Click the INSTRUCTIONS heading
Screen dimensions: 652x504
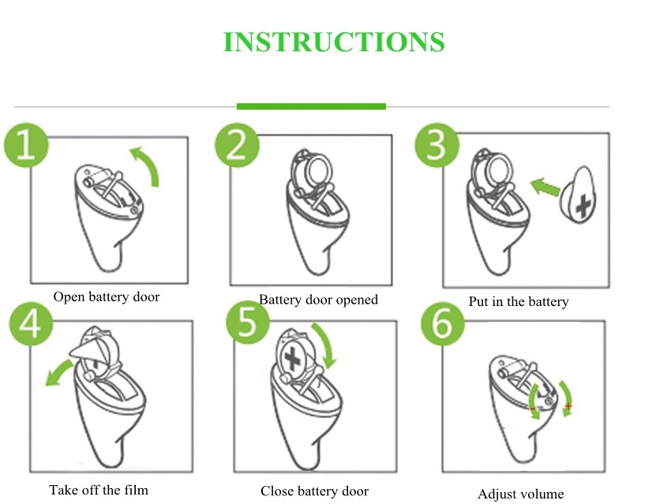[334, 42]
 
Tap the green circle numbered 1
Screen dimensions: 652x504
[26, 145]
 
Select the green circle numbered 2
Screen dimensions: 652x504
[237, 145]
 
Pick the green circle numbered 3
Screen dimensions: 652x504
[437, 144]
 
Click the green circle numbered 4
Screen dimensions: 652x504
[32, 323]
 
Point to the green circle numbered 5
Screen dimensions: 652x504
[248, 322]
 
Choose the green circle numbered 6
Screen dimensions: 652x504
[442, 323]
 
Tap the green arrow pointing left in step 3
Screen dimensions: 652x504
[545, 187]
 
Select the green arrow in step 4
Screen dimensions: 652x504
[58, 371]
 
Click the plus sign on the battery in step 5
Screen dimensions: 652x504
[292, 358]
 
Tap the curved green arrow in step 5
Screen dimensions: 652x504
[327, 344]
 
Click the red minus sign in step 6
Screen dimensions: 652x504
[533, 409]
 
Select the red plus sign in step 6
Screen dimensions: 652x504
[568, 406]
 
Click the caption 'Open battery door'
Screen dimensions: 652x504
[107, 297]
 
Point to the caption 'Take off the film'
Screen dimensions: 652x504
[99, 490]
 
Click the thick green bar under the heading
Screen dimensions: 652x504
[311, 106]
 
